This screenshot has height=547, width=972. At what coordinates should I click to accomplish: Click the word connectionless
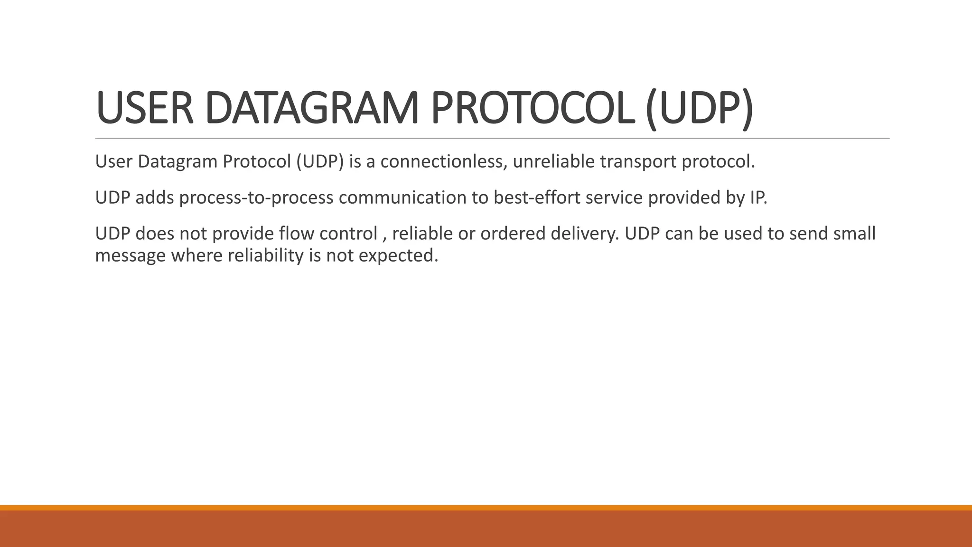pos(443,162)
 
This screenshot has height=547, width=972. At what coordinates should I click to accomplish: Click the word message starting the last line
pos(131,256)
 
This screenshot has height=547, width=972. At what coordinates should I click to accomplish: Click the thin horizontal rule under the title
pos(492,139)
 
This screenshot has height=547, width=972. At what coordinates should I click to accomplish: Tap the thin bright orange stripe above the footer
pos(486,508)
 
